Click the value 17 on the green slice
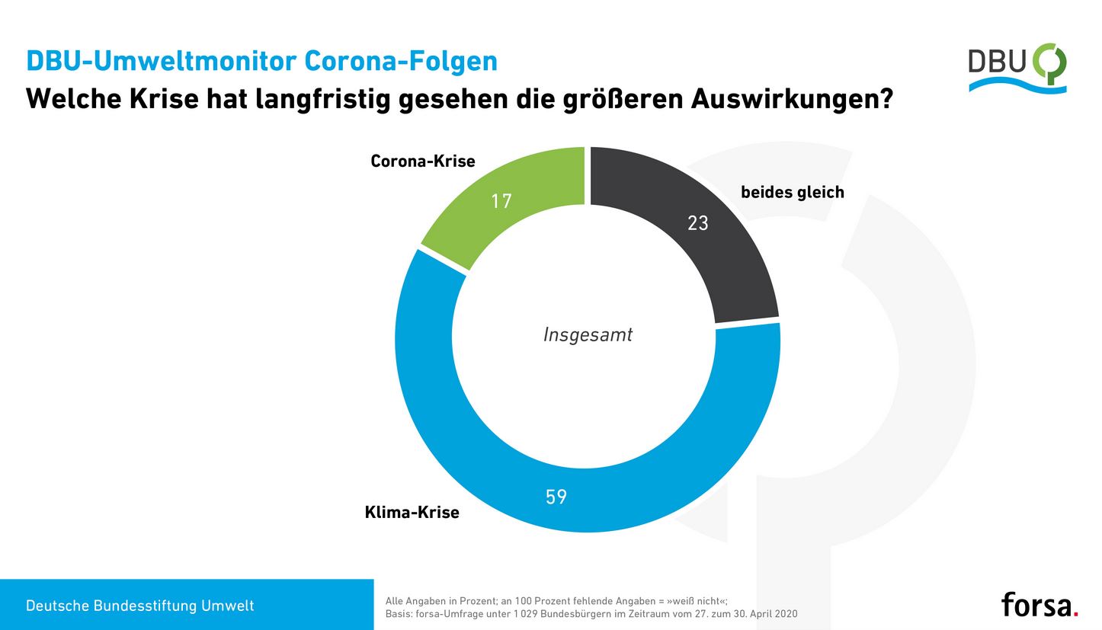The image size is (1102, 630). coord(501,201)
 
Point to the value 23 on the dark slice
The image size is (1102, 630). coord(697,223)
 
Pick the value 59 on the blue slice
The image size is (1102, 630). coord(556,497)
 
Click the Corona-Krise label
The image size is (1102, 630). coord(422,161)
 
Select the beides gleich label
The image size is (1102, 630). coord(793,192)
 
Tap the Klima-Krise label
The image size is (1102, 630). coord(412,512)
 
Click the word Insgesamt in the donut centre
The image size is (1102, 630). coord(588,334)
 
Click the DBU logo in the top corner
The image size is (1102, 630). coord(1017,68)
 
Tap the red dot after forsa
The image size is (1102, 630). coord(1075,612)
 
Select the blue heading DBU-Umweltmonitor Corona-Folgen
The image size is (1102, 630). coord(261,61)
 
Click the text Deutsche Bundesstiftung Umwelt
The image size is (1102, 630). coord(140,606)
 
